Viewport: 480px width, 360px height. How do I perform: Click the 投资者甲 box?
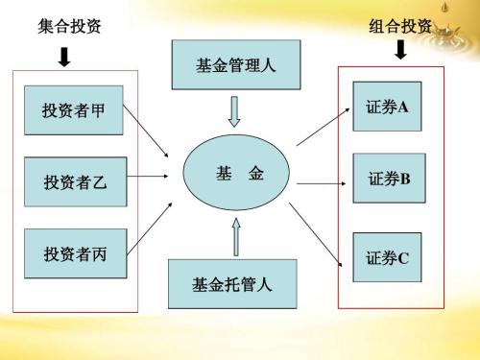[73, 110]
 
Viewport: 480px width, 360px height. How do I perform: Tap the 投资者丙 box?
[74, 253]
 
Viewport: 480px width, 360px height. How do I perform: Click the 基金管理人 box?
[234, 66]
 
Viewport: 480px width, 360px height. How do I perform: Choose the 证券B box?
[388, 179]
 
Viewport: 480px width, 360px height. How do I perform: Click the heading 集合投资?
[64, 26]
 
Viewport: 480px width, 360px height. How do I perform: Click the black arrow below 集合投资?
[64, 58]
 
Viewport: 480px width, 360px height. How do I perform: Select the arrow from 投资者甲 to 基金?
[149, 132]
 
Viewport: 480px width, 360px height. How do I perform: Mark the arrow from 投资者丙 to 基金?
[151, 227]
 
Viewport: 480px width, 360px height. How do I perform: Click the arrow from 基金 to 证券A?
[323, 126]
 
